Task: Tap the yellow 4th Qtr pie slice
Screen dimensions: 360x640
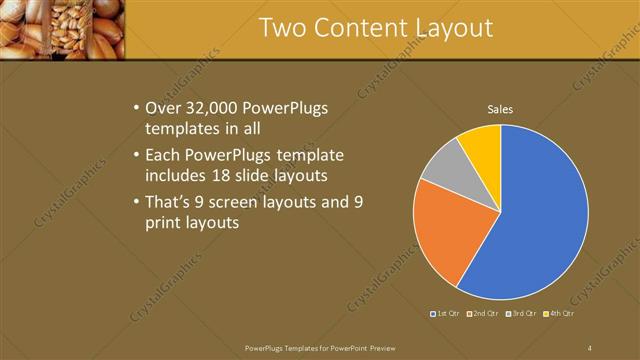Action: [x=481, y=145]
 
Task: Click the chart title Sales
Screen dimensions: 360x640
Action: [x=500, y=109]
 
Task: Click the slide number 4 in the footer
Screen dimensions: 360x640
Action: [x=590, y=347]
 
